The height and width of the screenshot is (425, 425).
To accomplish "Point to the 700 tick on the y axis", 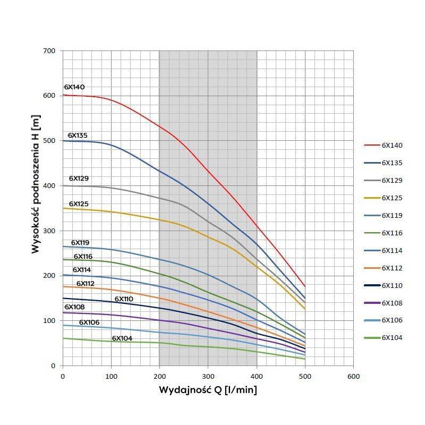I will pos(49,51).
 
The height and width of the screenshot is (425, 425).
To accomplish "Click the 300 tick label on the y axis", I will pos(49,231).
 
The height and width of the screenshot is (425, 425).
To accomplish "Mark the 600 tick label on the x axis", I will pos(353,376).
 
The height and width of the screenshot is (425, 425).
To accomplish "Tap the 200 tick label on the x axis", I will pos(159,376).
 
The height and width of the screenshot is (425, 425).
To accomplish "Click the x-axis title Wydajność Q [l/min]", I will pos(208,390).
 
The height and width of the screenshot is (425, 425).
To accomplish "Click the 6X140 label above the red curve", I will pos(74,87).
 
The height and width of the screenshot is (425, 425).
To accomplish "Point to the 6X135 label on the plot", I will pos(78,135).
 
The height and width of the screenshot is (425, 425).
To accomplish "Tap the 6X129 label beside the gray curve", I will pos(79,178).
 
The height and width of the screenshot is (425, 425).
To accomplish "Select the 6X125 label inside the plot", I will pos(79,204).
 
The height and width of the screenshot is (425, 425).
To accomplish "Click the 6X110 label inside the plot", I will pos(124,299).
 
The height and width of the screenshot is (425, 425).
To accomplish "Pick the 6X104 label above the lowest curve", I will pos(122,338).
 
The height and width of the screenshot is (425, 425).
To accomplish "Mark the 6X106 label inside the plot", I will pos(89,322).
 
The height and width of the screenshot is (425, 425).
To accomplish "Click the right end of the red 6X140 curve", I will pos(304,286).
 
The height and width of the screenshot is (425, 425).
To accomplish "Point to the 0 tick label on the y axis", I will pos(53,365).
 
